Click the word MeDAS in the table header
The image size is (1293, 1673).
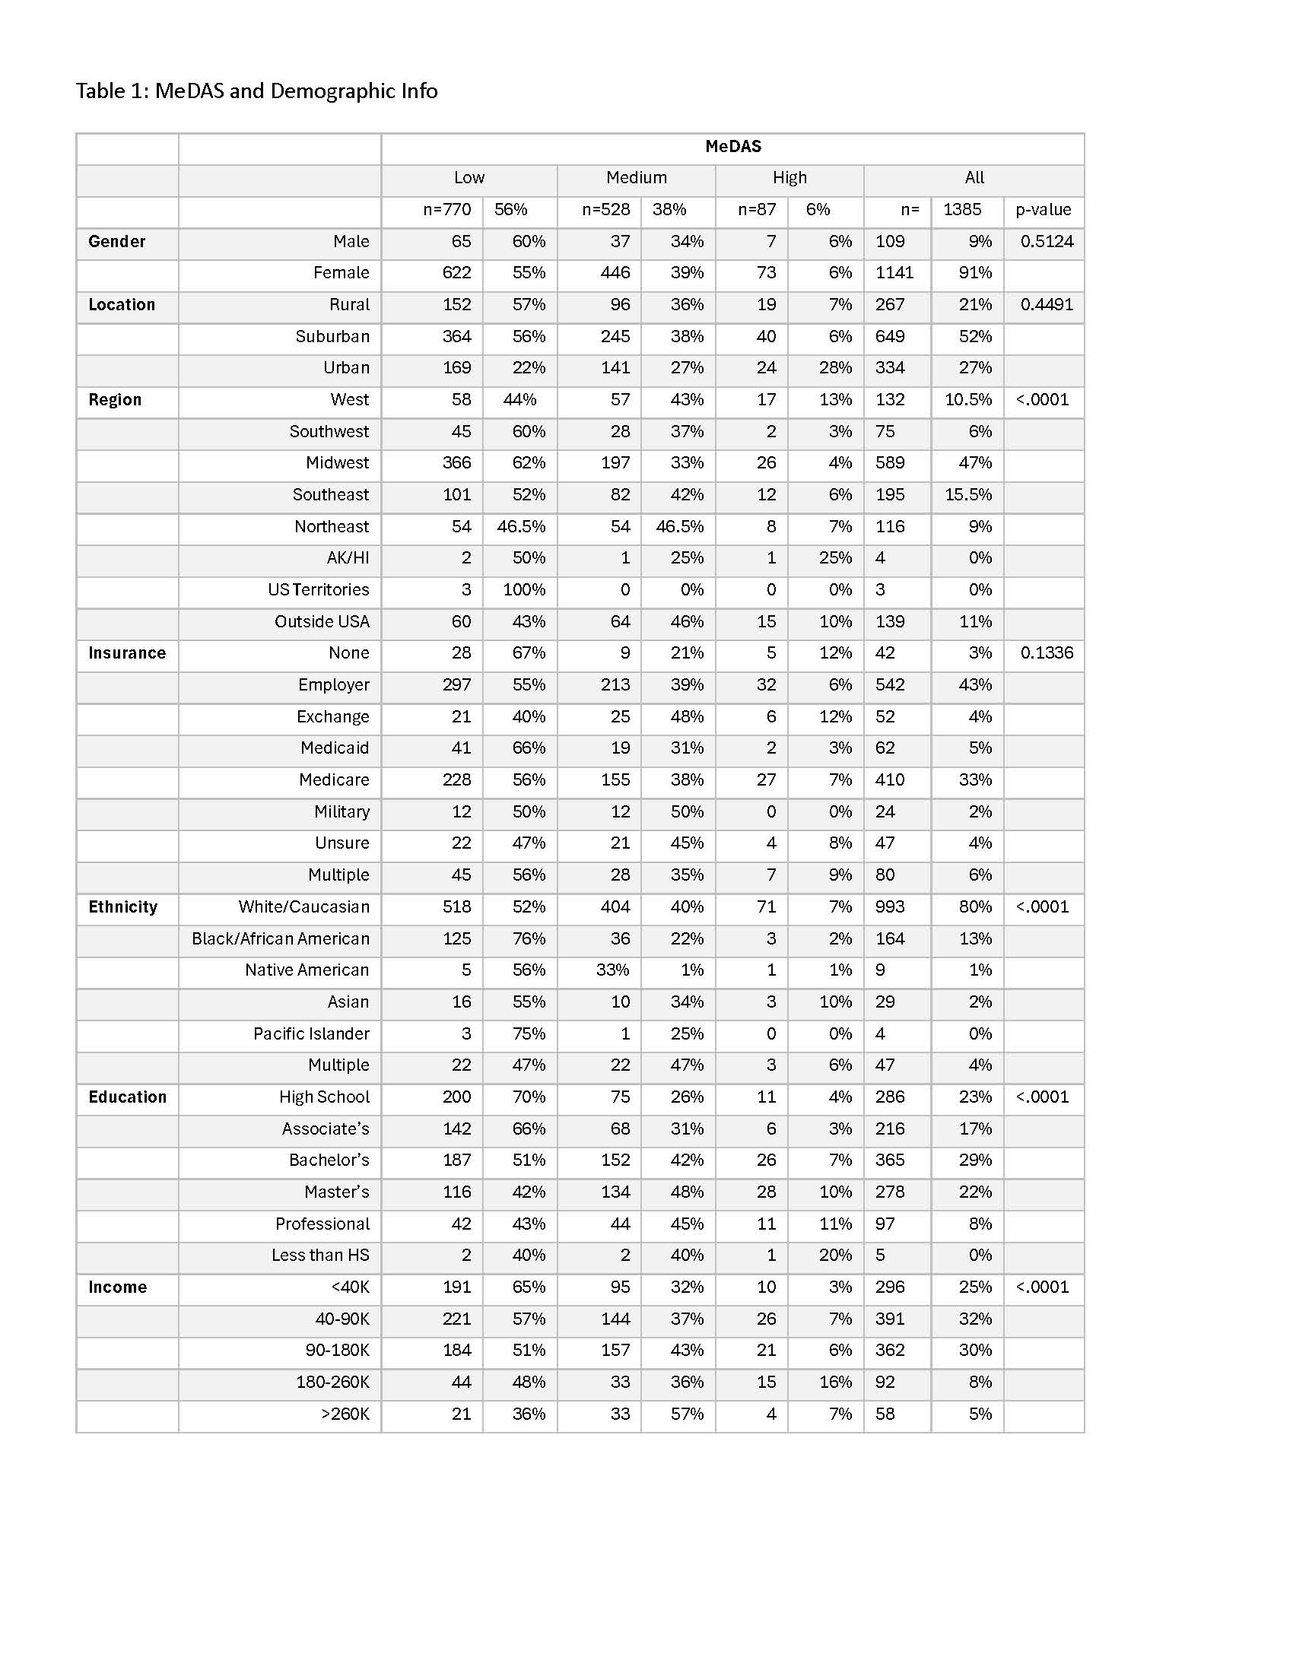(732, 146)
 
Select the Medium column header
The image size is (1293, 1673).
(636, 178)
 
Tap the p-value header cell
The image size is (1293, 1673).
(1043, 210)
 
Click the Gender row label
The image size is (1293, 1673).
(116, 241)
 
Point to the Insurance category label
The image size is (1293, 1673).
(126, 652)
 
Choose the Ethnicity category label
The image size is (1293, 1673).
(122, 907)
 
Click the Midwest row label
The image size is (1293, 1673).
(337, 462)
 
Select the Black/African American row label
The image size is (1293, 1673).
(281, 938)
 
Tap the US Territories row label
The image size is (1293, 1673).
(318, 590)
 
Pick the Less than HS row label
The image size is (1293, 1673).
(320, 1255)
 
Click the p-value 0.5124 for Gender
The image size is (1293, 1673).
(1047, 241)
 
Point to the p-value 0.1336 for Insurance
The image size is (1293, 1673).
(1047, 652)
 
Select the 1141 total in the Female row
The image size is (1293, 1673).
(894, 273)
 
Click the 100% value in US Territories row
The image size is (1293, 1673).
(524, 590)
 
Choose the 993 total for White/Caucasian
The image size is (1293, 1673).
(889, 907)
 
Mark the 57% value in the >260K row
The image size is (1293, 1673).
(687, 1414)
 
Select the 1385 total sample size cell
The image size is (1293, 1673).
(961, 210)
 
